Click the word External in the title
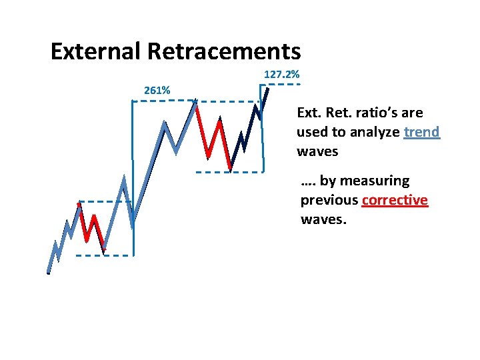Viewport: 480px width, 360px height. pyautogui.click(x=95, y=51)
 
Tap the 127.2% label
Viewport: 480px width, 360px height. pyautogui.click(x=281, y=75)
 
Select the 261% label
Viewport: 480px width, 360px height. pyautogui.click(x=157, y=90)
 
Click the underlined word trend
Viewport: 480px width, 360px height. pyautogui.click(x=422, y=132)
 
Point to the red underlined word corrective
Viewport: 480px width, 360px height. pyautogui.click(x=395, y=201)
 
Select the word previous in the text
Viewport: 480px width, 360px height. pyautogui.click(x=329, y=201)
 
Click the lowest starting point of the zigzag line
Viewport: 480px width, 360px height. pyautogui.click(x=49, y=272)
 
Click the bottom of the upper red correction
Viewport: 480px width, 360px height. pyautogui.click(x=230, y=170)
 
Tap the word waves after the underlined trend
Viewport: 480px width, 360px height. pyautogui.click(x=317, y=151)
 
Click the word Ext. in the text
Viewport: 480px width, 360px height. pyautogui.click(x=309, y=113)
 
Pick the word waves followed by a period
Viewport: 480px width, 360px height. pyautogui.click(x=324, y=220)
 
